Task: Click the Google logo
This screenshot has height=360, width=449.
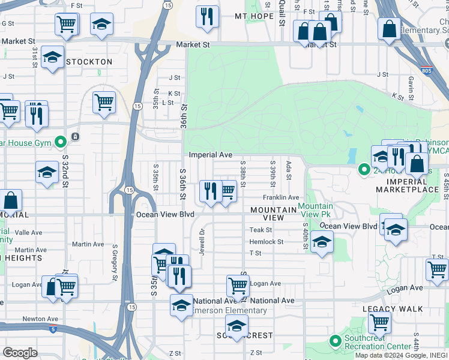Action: tap(20, 353)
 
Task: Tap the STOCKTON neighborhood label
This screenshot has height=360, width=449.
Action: tap(89, 62)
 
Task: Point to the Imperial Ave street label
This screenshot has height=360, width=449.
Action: tap(210, 155)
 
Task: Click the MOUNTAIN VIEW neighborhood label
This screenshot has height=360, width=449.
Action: tap(273, 210)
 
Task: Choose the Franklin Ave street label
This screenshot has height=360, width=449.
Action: tap(280, 197)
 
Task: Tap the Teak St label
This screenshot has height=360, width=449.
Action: tap(261, 230)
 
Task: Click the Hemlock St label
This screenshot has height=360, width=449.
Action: tap(267, 242)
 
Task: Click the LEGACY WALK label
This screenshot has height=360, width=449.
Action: tap(393, 309)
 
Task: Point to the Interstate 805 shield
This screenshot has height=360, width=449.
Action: tap(426, 70)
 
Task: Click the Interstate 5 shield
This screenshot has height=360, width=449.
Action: tap(54, 329)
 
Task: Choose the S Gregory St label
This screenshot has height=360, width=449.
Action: tap(113, 262)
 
